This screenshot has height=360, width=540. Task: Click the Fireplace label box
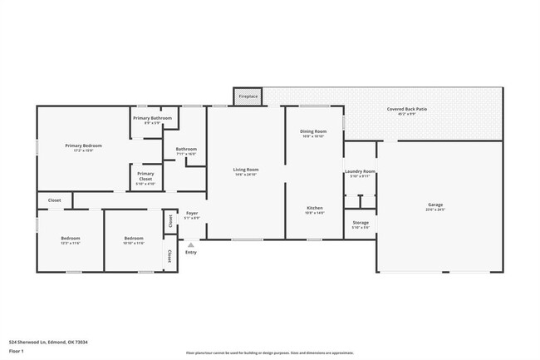248,96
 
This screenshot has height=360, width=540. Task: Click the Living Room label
246,171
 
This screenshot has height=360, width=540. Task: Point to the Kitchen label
314,210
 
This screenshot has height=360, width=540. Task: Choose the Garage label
435,207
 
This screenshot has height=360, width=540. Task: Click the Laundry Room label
360,173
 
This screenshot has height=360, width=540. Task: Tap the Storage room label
361,224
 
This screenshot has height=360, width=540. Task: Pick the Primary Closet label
145,176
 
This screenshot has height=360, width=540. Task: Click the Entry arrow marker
191,244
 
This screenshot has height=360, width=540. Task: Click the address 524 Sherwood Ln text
48,342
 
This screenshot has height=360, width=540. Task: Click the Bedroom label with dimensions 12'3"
70,240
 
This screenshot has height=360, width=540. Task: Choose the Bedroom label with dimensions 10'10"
134,240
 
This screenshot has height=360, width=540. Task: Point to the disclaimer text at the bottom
268,353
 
